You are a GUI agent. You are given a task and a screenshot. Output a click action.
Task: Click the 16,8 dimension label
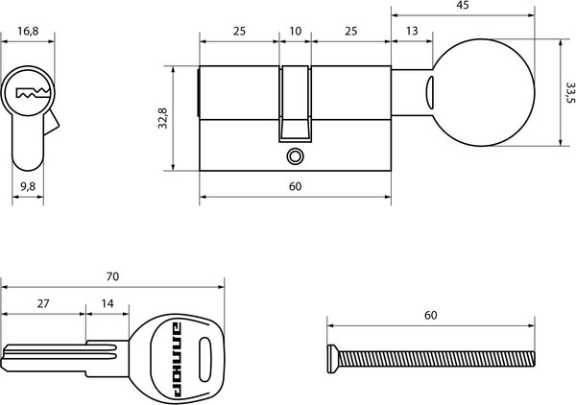[28, 31]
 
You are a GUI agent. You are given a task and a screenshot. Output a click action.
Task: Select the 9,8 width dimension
[28, 186]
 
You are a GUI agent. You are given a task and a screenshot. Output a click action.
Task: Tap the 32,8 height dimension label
[162, 118]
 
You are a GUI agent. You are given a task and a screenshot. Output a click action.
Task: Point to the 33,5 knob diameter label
[570, 92]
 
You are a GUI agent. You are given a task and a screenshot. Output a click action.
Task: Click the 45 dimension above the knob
[463, 5]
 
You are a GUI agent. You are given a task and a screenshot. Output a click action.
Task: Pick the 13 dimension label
[412, 31]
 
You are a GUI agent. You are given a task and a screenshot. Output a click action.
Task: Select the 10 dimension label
[295, 31]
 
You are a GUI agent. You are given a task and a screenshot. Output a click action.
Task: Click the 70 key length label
[112, 276]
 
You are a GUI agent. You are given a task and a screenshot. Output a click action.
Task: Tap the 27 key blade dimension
[43, 303]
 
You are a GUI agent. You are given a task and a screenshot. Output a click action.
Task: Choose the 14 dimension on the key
[108, 303]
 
